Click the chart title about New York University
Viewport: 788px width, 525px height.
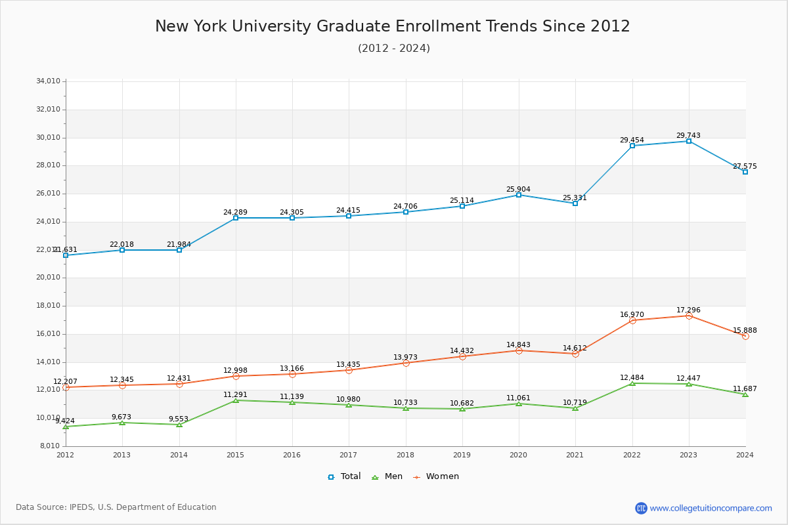pyautogui.click(x=393, y=26)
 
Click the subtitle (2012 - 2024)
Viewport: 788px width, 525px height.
pyautogui.click(x=393, y=49)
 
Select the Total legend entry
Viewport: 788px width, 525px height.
pyautogui.click(x=345, y=476)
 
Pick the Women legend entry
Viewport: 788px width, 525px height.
pyautogui.click(x=436, y=476)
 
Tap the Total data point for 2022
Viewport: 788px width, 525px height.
pyautogui.click(x=632, y=146)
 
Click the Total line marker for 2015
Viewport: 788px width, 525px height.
pyautogui.click(x=236, y=218)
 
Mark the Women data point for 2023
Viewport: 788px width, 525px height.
pyautogui.click(x=689, y=316)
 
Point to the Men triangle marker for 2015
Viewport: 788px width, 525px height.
pyautogui.click(x=236, y=400)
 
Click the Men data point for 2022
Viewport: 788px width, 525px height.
pyautogui.click(x=632, y=383)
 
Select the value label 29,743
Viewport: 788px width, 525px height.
pyautogui.click(x=688, y=136)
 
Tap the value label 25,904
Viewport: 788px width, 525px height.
pyautogui.click(x=518, y=190)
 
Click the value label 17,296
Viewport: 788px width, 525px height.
pyautogui.click(x=688, y=310)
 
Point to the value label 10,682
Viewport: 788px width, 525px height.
pyautogui.click(x=462, y=404)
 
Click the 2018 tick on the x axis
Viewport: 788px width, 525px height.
pyautogui.click(x=405, y=454)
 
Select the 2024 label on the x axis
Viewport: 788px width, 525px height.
pyautogui.click(x=745, y=454)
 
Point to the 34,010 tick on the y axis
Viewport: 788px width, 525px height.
pyautogui.click(x=48, y=81)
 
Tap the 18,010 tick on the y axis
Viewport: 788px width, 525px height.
pyautogui.click(x=48, y=306)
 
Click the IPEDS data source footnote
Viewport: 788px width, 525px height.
pyautogui.click(x=116, y=507)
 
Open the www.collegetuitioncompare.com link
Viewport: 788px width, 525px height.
pyautogui.click(x=711, y=508)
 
